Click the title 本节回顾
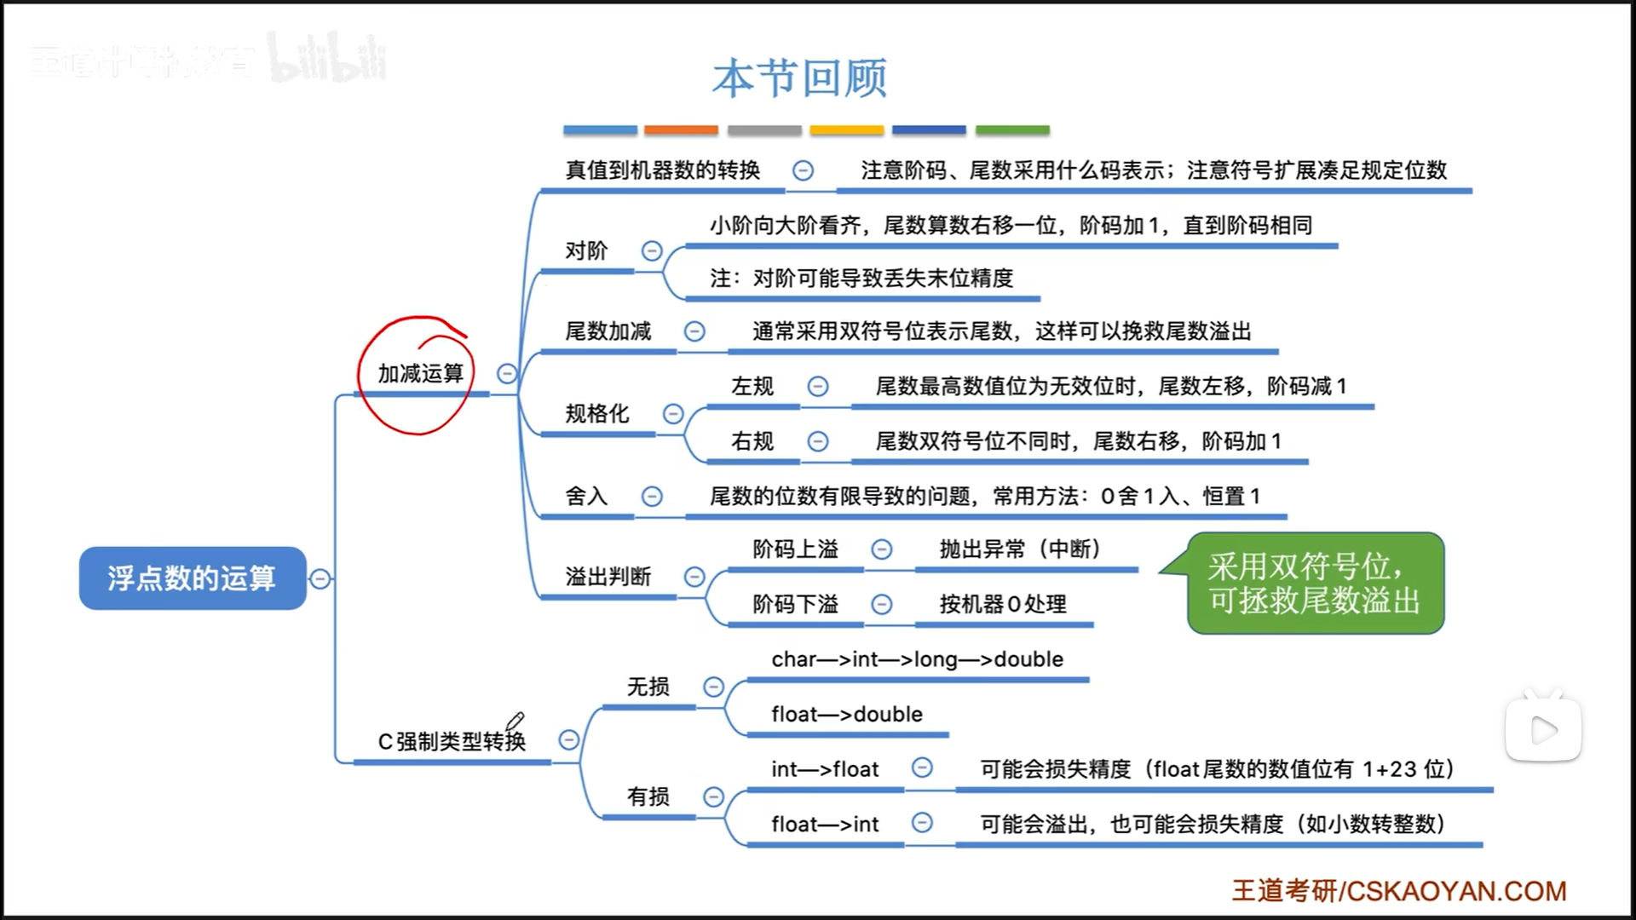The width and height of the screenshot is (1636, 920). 799,78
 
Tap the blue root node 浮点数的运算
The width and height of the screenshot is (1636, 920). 192,578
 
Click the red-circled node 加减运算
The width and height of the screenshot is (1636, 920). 420,374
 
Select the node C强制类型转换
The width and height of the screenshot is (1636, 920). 452,741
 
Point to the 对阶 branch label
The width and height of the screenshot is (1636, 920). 586,250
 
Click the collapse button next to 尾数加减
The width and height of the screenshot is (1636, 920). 694,331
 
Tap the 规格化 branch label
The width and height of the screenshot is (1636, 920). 596,414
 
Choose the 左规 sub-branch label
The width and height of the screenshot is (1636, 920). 752,387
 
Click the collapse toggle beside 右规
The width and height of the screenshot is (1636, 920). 818,441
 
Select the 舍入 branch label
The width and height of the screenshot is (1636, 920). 586,496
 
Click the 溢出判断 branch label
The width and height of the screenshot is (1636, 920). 608,577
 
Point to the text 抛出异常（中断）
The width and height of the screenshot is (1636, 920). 1019,549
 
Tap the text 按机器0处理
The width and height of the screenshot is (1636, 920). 1003,604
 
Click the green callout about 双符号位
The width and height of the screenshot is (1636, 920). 1315,584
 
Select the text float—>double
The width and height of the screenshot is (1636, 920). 847,714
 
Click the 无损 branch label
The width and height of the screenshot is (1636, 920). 648,687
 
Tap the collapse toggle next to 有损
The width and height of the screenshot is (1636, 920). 713,796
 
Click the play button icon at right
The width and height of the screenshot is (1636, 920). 1543,729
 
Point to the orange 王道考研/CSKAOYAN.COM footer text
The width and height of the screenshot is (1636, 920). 1398,891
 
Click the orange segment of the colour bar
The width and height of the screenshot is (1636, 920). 681,130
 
